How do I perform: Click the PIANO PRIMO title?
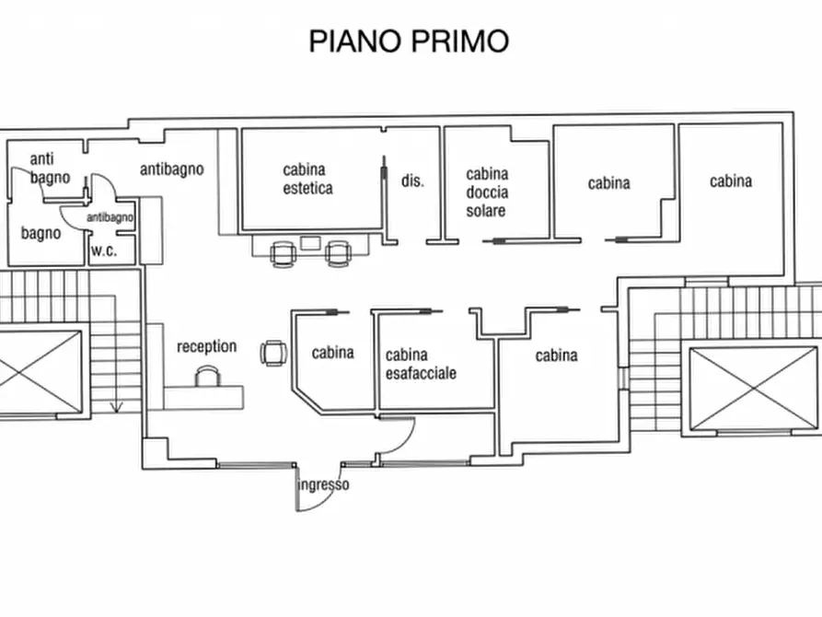point(409,41)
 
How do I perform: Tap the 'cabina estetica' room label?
point(307,179)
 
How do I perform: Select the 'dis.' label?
point(412,180)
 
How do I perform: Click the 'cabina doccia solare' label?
point(487,192)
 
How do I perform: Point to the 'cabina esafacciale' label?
point(421,364)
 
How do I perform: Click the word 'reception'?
point(206,347)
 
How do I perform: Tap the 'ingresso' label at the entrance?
point(323,484)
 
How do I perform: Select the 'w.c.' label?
point(104,250)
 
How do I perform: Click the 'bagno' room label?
point(41,233)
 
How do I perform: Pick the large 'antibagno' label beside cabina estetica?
point(172,169)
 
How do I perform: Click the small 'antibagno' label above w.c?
point(110,217)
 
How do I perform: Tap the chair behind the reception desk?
point(207,376)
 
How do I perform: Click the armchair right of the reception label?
point(273,353)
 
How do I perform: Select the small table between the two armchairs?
point(310,243)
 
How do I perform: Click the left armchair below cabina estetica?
point(284,254)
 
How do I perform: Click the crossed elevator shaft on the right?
point(754,389)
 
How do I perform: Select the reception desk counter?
point(203,398)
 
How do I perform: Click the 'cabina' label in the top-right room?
point(731,181)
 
